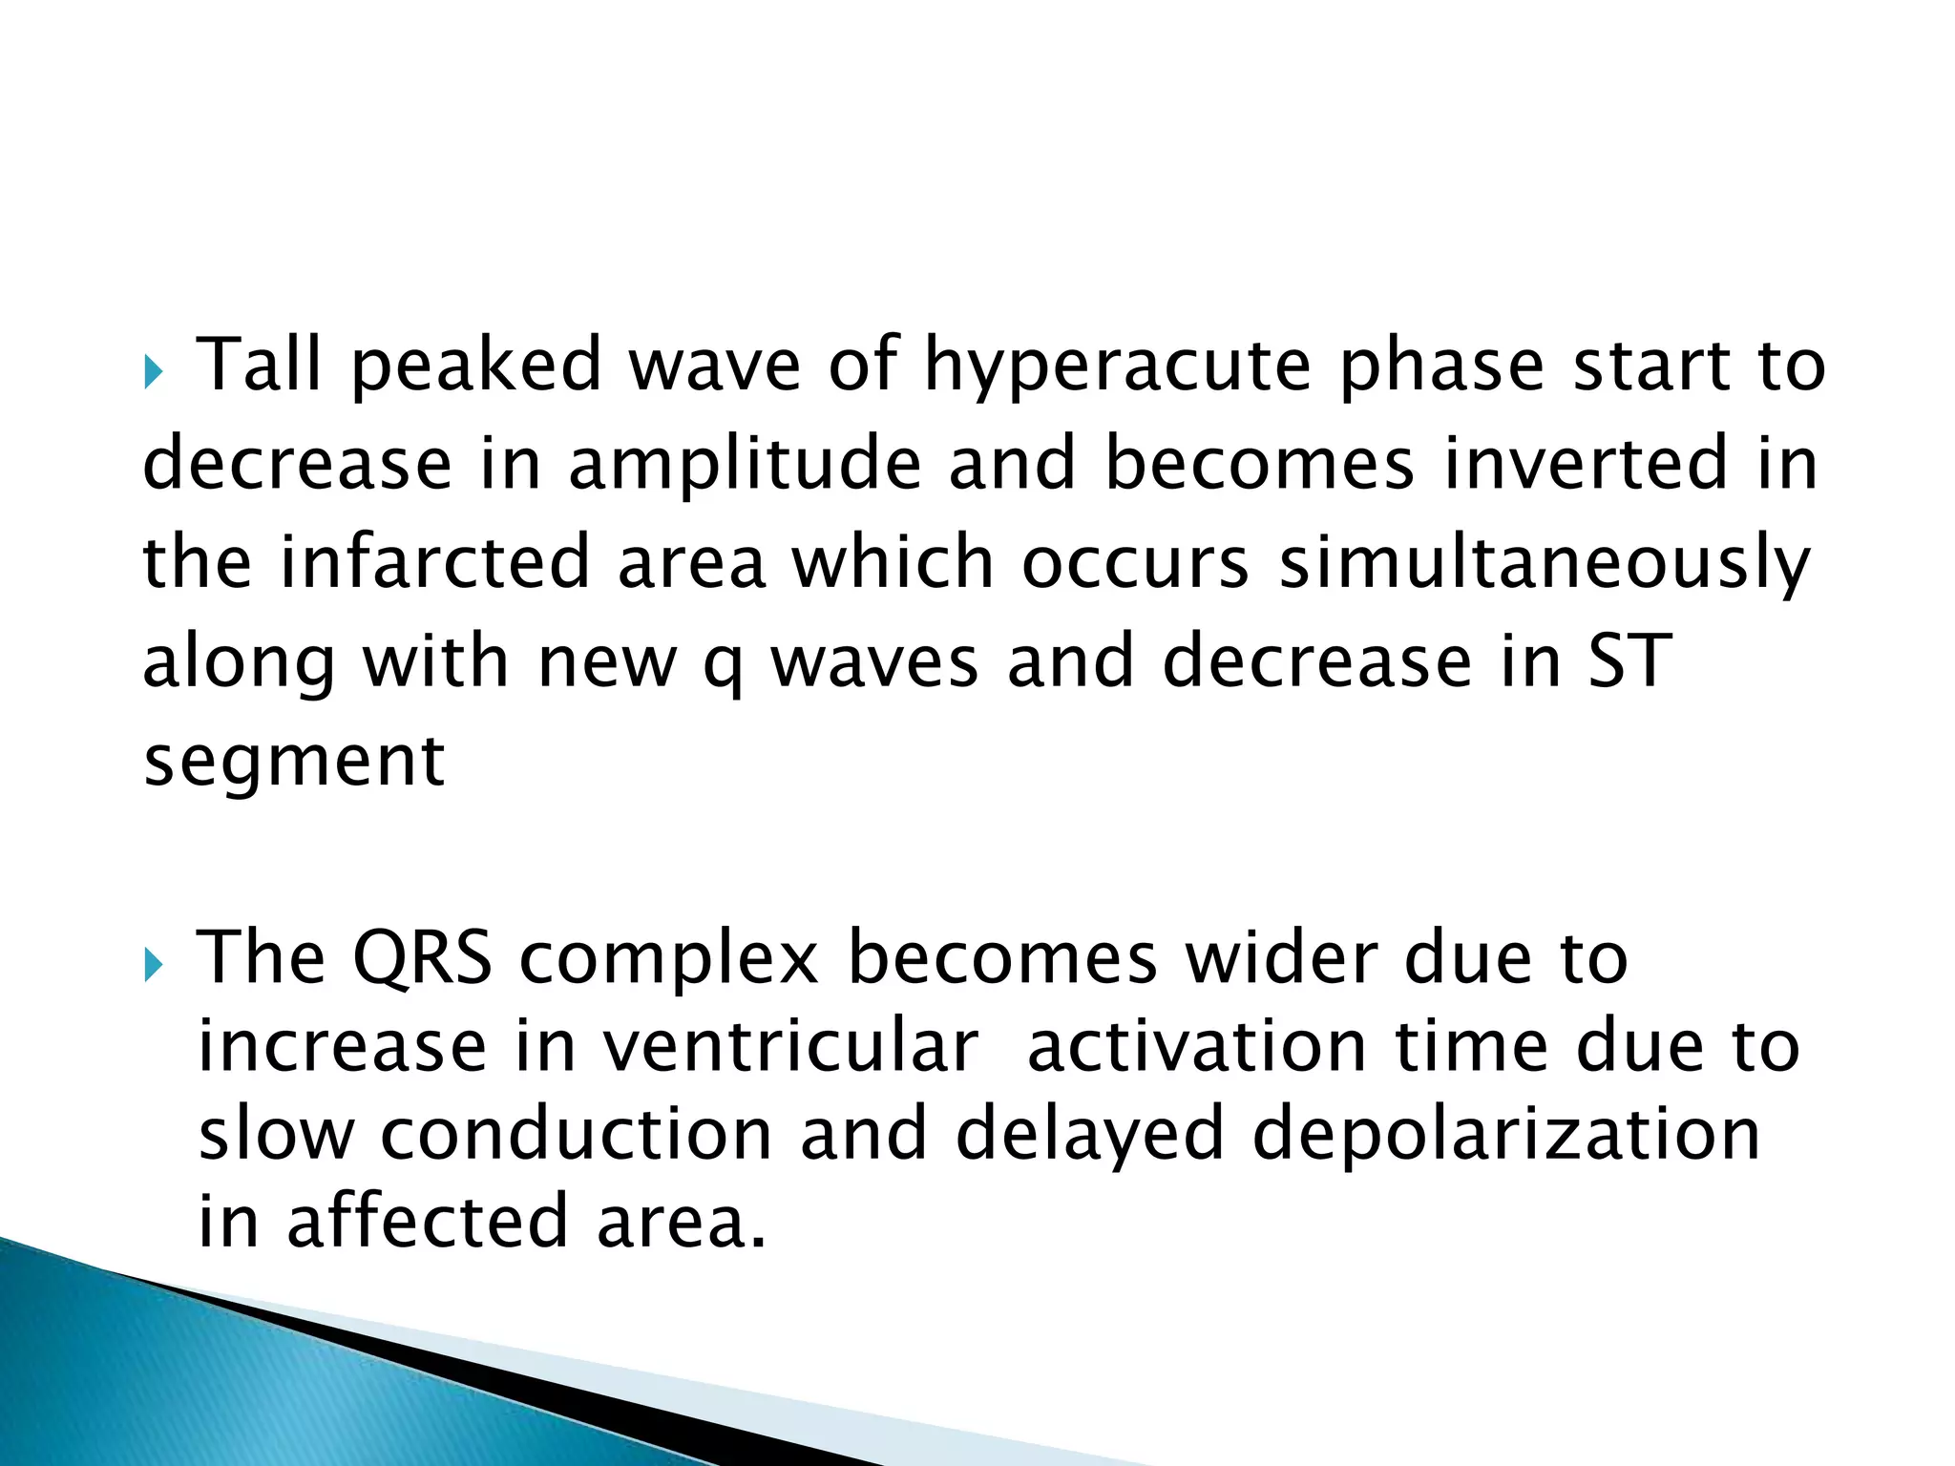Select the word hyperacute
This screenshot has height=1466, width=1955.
click(1117, 366)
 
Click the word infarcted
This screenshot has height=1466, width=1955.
click(434, 563)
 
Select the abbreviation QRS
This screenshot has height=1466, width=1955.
click(422, 957)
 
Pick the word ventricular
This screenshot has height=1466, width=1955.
click(789, 1047)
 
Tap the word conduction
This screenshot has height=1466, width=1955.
click(576, 1135)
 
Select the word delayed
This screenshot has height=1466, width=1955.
click(1089, 1137)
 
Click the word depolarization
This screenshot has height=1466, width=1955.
click(1505, 1137)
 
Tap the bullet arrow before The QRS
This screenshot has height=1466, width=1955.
click(154, 966)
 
